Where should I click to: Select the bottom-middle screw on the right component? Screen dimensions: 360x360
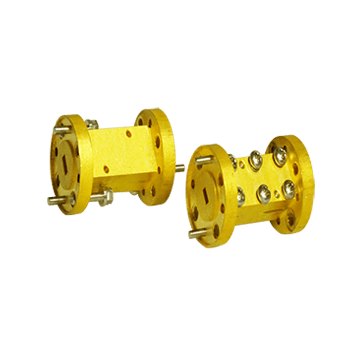pos(263,192)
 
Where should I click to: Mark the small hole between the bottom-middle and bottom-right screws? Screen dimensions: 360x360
pos(274,193)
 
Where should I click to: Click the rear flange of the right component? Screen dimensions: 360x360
pos(294,180)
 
